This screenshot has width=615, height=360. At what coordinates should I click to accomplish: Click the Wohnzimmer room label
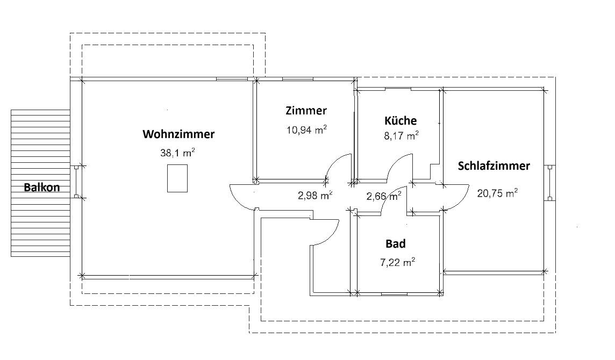(178, 134)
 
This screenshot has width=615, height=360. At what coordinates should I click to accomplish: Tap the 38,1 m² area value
(177, 153)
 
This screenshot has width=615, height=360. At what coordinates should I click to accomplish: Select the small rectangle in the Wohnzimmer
(177, 178)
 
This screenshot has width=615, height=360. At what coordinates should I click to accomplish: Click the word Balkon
(41, 188)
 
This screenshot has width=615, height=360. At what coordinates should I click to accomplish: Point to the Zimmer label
(306, 111)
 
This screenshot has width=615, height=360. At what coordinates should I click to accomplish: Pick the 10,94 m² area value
(306, 129)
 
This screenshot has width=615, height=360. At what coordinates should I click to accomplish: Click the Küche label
(401, 120)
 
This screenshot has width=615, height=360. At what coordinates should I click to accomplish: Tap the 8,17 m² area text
(401, 136)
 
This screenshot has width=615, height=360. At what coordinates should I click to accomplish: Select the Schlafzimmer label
(494, 166)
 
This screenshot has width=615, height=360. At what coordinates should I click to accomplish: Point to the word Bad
(396, 244)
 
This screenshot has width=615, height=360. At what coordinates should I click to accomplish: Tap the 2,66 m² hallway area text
(383, 197)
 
